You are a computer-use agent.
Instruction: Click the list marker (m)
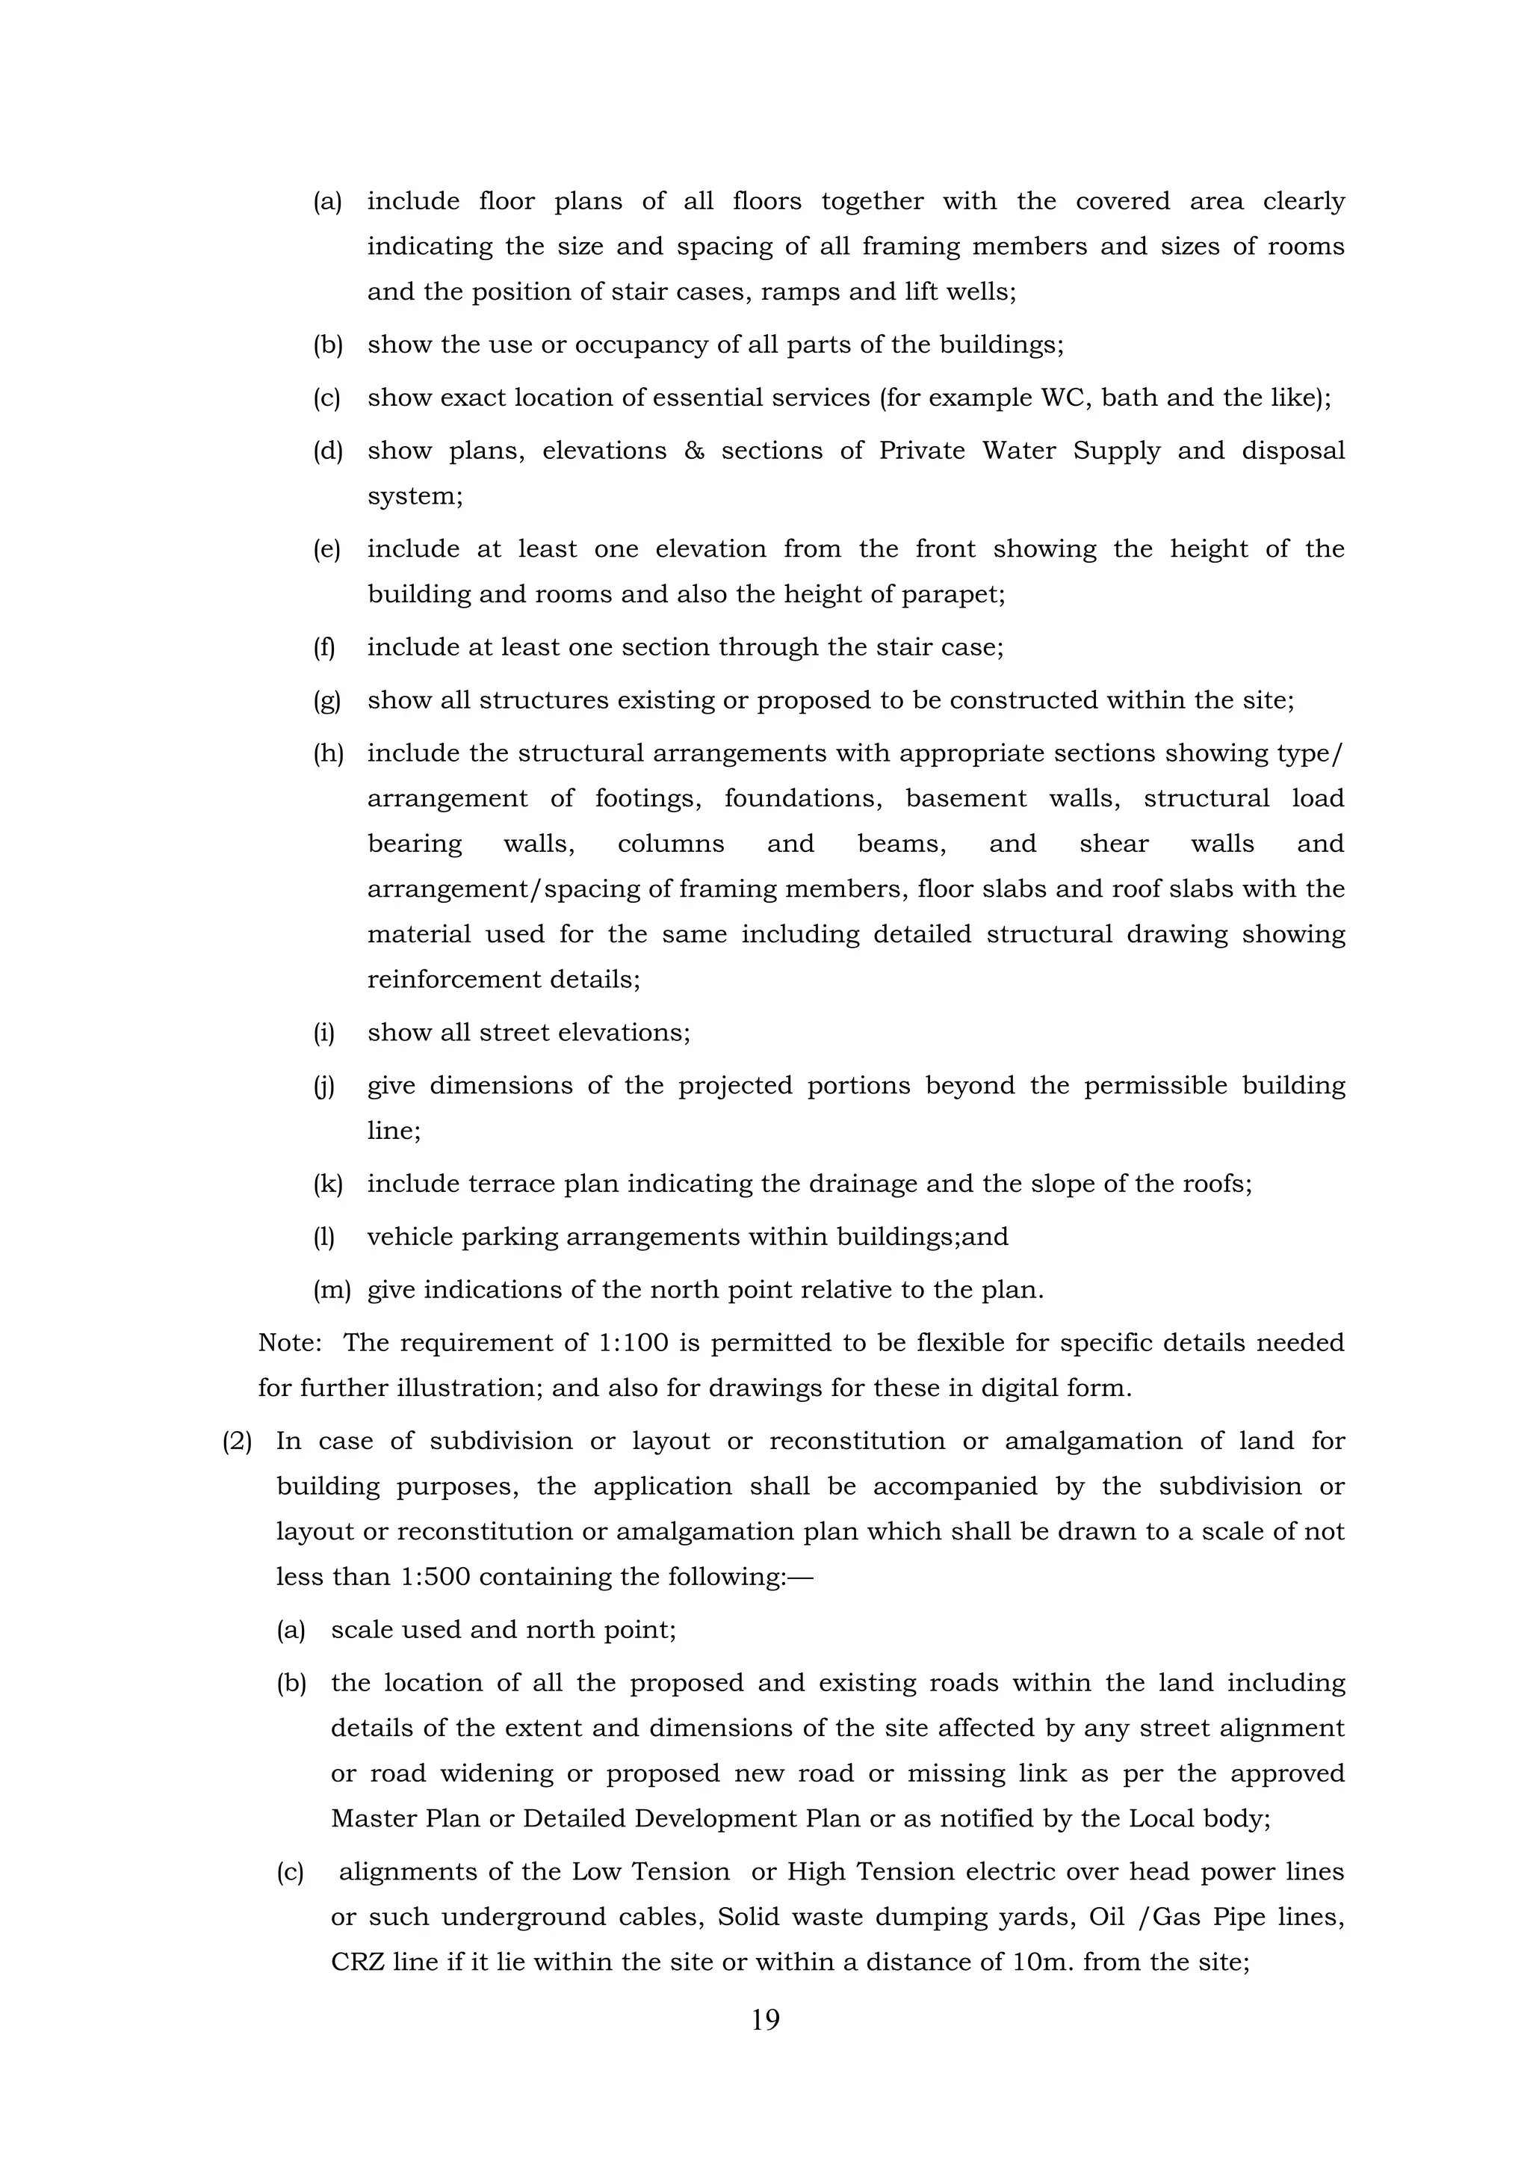coord(331,1290)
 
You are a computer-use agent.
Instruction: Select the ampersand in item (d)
coord(694,451)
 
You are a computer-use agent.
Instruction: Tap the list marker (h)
coord(328,753)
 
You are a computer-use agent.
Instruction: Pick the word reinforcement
coord(453,980)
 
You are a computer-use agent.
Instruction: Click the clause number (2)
coord(238,1441)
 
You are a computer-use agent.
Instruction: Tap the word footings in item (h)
coord(648,799)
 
